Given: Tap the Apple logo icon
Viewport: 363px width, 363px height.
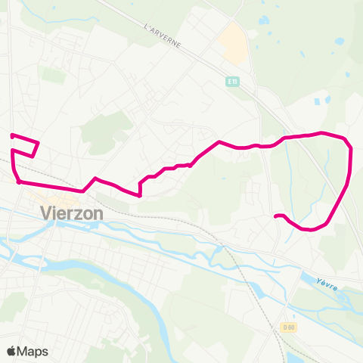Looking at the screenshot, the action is coord(11,351).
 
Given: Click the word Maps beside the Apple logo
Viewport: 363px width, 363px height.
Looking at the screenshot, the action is coord(33,351).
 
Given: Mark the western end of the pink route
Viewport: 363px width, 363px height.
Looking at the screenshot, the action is coord(11,135).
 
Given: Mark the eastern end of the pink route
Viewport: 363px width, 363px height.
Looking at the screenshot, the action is coord(276,217).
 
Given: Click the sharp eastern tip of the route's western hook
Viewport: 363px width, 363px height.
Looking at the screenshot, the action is coord(38,142).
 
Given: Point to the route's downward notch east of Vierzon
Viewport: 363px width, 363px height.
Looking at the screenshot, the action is coord(140,194).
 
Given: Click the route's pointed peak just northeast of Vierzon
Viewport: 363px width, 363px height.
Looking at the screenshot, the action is coord(95,178).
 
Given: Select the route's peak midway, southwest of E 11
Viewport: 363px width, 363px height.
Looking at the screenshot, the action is coord(219,141).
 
